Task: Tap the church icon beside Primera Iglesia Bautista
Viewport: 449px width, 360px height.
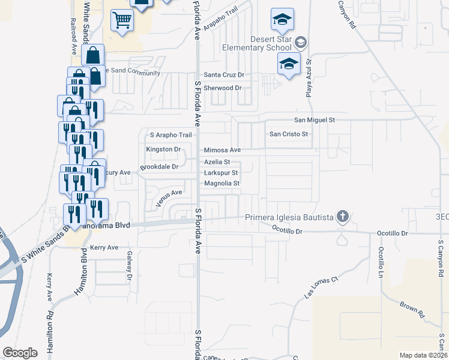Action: pyautogui.click(x=342, y=217)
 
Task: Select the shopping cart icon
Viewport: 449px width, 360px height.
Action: pyautogui.click(x=122, y=21)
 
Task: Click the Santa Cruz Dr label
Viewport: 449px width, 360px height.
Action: pyautogui.click(x=224, y=75)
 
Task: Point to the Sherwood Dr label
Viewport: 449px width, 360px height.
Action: pyautogui.click(x=222, y=88)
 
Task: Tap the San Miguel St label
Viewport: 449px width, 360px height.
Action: pyautogui.click(x=313, y=120)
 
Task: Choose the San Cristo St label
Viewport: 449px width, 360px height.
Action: pyautogui.click(x=288, y=134)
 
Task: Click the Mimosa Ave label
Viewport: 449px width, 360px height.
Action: pyautogui.click(x=222, y=150)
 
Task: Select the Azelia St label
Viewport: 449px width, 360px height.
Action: pyautogui.click(x=217, y=162)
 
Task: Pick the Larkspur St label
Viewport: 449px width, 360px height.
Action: pyautogui.click(x=221, y=173)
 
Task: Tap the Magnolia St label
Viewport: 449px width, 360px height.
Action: pyautogui.click(x=222, y=184)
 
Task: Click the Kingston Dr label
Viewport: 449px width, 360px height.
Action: pyautogui.click(x=163, y=149)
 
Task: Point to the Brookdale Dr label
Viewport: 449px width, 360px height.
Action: pyautogui.click(x=159, y=167)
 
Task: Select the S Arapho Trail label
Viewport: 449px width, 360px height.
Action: pyautogui.click(x=170, y=135)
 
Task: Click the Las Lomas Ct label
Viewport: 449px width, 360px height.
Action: pyautogui.click(x=321, y=287)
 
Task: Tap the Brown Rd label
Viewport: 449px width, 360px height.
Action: pyautogui.click(x=413, y=310)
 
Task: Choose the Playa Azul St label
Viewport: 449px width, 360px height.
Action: pyautogui.click(x=309, y=78)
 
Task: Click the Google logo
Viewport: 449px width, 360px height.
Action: pyautogui.click(x=20, y=352)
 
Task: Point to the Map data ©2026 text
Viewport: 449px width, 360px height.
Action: pyautogui.click(x=423, y=355)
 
